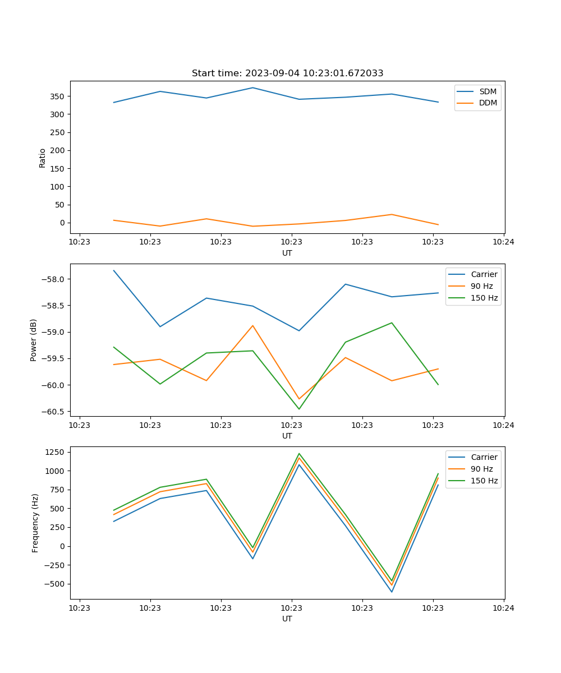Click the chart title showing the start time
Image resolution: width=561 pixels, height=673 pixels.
tap(287, 73)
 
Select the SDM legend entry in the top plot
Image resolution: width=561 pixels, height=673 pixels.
tap(488, 91)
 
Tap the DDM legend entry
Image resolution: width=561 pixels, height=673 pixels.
tap(488, 103)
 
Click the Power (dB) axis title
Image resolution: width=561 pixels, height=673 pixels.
tap(34, 340)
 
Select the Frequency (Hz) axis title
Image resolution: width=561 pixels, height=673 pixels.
tap(35, 523)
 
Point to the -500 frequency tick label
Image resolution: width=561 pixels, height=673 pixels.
tap(55, 584)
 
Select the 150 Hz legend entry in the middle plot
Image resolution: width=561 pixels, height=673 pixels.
tap(484, 298)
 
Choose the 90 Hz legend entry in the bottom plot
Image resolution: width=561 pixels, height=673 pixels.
tap(481, 469)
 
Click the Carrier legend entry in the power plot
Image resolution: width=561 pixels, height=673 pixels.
tap(484, 274)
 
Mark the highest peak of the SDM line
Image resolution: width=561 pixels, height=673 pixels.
tap(252, 87)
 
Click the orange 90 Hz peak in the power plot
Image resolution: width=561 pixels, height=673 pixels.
tap(252, 325)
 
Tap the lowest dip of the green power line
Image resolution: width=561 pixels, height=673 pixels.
tap(299, 409)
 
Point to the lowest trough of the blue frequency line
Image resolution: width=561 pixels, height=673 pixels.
tap(392, 592)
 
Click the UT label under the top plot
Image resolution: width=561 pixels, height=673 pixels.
tap(287, 253)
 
